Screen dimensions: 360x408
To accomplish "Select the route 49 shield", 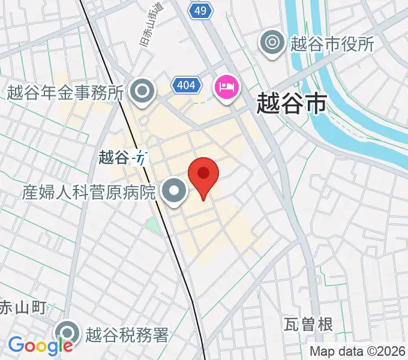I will click(200, 10).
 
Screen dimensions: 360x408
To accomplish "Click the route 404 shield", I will click(186, 86).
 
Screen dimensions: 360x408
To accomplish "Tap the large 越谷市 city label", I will click(291, 103).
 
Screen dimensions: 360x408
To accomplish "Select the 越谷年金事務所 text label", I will click(65, 92).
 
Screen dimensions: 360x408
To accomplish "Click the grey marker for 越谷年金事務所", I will click(143, 92).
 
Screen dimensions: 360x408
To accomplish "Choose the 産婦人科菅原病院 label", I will click(89, 192).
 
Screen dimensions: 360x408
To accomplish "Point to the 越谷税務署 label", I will click(127, 334).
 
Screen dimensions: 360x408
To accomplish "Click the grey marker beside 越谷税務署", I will click(67, 334).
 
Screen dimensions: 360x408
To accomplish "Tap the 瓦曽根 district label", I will click(308, 325).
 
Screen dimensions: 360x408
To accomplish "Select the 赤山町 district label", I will click(22, 308).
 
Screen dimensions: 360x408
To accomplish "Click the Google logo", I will click(40, 346).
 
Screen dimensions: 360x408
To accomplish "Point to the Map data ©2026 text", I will click(358, 352).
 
